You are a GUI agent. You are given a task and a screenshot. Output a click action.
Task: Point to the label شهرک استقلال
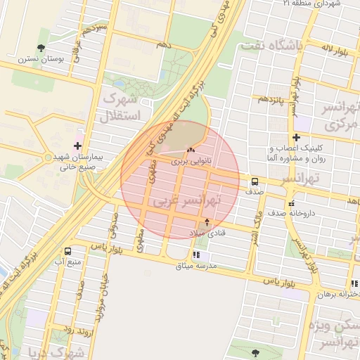click(122, 107)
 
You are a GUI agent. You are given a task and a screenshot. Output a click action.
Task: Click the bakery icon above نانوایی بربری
click(191, 150)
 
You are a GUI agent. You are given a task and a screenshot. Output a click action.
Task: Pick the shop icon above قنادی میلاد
click(206, 221)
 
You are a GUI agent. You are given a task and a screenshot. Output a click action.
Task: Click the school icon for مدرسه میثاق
click(196, 255)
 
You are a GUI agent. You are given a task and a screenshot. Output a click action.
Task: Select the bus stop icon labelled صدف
click(253, 181)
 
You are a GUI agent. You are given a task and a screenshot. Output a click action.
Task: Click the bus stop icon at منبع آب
click(67, 251)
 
